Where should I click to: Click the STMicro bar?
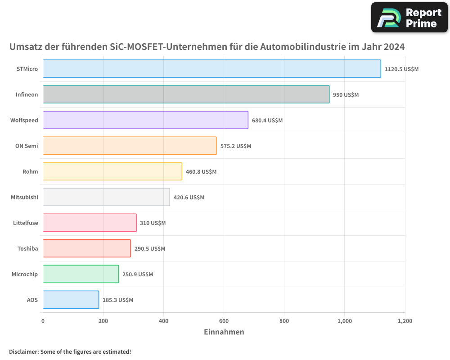coord(211,69)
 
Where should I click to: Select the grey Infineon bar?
coord(186,94)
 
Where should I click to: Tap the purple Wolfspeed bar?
coord(145,120)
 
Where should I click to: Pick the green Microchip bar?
coord(81,274)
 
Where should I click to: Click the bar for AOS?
coord(71,300)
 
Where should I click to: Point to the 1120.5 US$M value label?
coord(401,69)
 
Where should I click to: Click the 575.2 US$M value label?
coord(236,146)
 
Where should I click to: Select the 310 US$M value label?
coord(153,223)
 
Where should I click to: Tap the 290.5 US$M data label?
coord(150,249)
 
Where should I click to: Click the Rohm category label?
coord(30,171)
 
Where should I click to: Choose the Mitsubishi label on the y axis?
coord(24,197)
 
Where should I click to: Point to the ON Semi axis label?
coord(27,146)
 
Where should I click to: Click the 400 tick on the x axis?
coord(163,321)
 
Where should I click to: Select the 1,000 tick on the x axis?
coord(344,321)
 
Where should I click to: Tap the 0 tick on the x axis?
coord(43,321)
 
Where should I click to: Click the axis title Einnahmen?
coord(224,332)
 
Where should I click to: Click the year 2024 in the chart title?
coord(392,47)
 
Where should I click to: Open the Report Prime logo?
coord(409,18)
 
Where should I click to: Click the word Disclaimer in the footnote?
coord(23,351)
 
